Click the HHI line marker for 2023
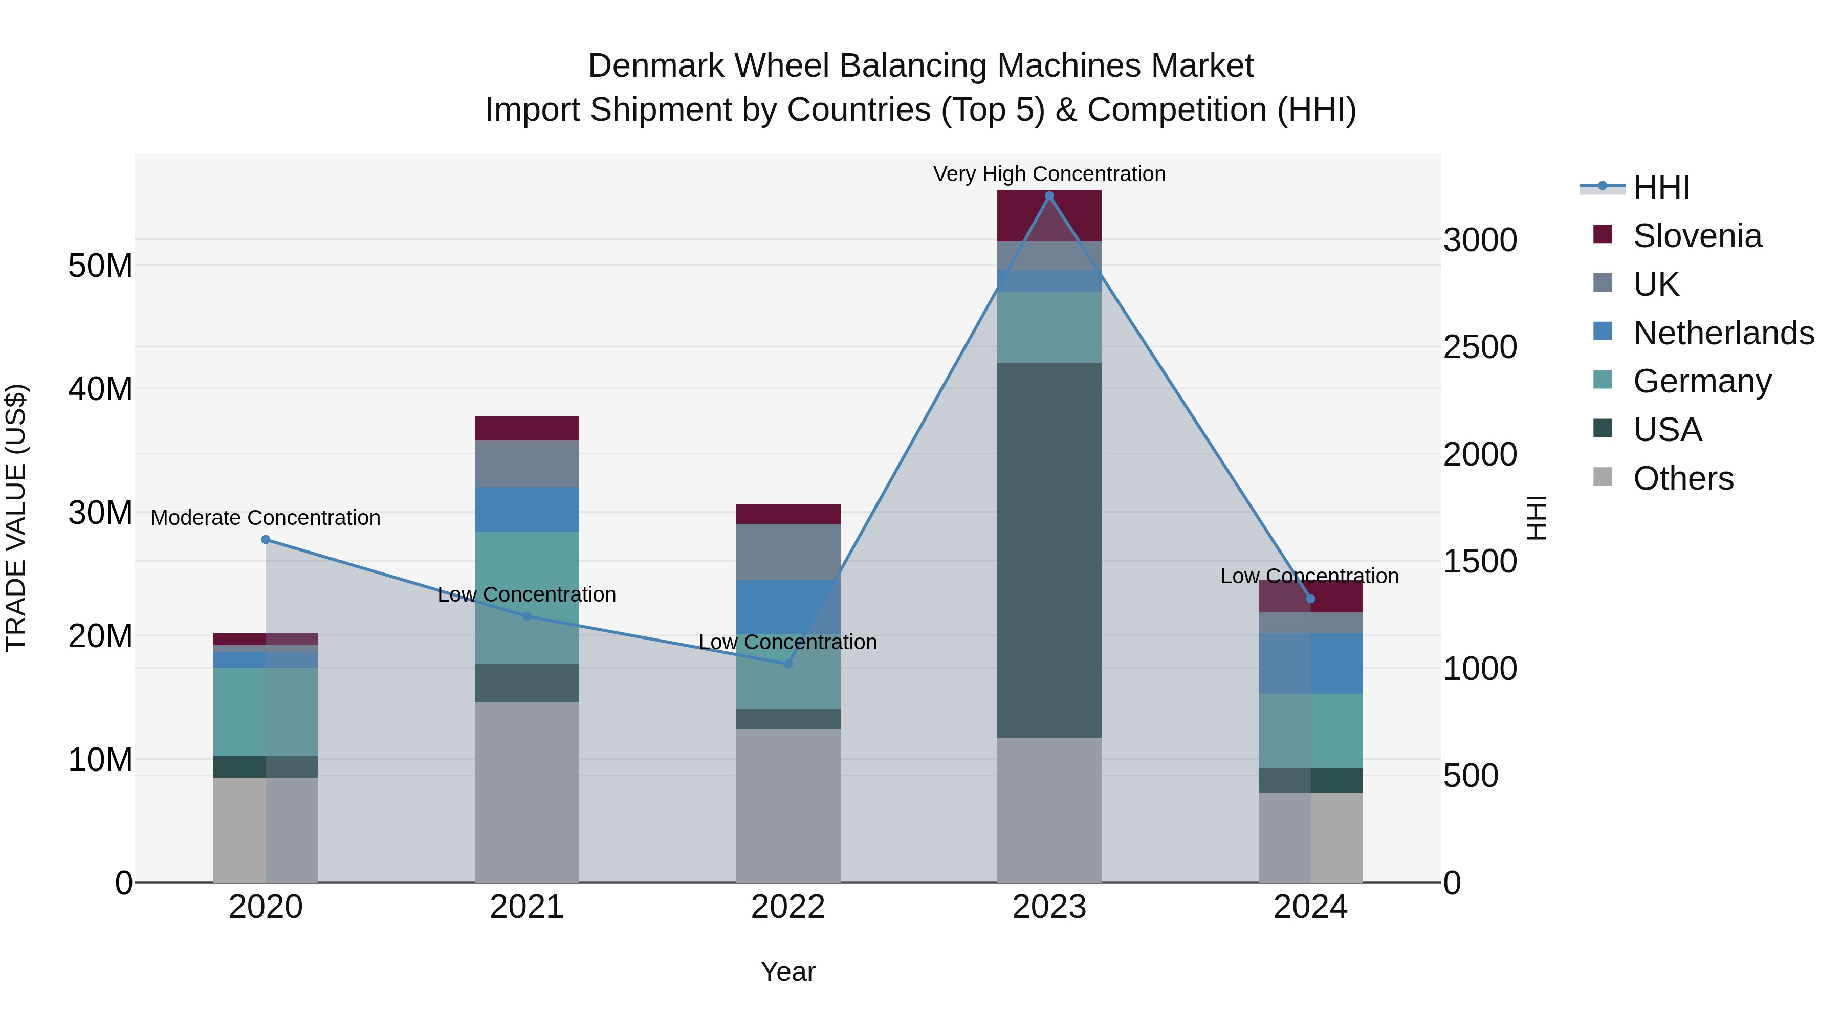pyautogui.click(x=1049, y=196)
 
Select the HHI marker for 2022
pyautogui.click(x=788, y=664)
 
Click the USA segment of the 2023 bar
pyautogui.click(x=1049, y=550)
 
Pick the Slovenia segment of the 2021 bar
pyautogui.click(x=527, y=428)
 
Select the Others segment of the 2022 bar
pyautogui.click(x=788, y=805)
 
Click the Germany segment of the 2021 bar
pyautogui.click(x=527, y=598)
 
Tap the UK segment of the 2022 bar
pyautogui.click(x=788, y=552)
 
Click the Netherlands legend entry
pyautogui.click(x=1723, y=333)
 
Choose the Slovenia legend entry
pyautogui.click(x=1697, y=236)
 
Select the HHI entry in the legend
pyautogui.click(x=1661, y=187)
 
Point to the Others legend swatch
pyautogui.click(x=1603, y=477)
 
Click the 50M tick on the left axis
pyautogui.click(x=100, y=266)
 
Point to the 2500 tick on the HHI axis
pyautogui.click(x=1479, y=347)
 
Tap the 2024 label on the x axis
pyautogui.click(x=1310, y=907)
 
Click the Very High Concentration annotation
pyautogui.click(x=1049, y=174)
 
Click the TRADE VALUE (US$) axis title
pyautogui.click(x=16, y=518)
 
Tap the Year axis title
pyautogui.click(x=788, y=972)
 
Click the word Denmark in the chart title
pyautogui.click(x=656, y=66)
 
